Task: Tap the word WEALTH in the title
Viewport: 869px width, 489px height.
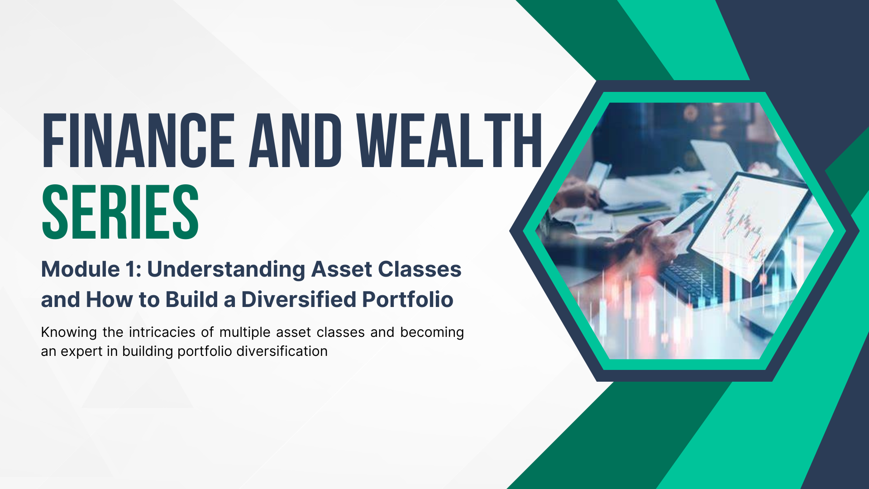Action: tap(449, 140)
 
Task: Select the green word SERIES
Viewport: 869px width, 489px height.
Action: tap(120, 212)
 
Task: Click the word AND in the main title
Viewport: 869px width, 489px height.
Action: tap(296, 140)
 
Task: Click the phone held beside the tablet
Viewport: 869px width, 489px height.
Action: tap(681, 217)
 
